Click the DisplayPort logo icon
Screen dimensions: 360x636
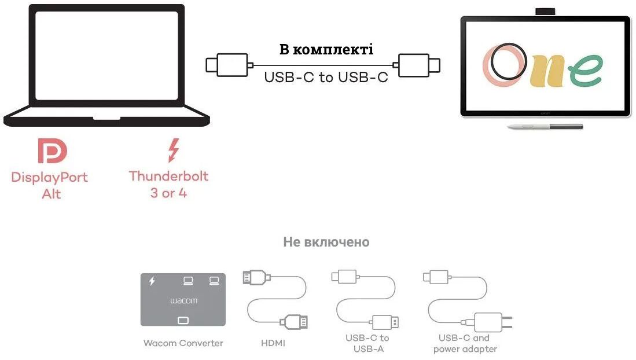coord(52,150)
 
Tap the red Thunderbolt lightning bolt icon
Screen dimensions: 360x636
coord(173,150)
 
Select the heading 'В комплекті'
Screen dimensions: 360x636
coord(326,49)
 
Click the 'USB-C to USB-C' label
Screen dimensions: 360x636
coord(326,77)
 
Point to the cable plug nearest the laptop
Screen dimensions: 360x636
coord(228,64)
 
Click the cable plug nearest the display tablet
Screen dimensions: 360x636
coord(417,64)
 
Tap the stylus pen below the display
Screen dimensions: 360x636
coord(544,126)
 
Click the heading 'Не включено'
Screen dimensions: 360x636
coord(326,242)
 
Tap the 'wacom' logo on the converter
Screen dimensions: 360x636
coord(183,301)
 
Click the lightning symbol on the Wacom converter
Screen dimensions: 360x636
coord(152,281)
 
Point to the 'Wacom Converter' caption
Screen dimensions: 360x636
coord(183,343)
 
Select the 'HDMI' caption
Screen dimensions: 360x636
coord(273,343)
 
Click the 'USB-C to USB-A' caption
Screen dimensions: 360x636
coord(367,343)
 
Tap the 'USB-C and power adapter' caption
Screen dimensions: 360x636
coord(465,343)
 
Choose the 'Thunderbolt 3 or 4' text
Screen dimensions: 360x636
coord(168,184)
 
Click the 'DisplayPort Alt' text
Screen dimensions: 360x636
coord(50,185)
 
